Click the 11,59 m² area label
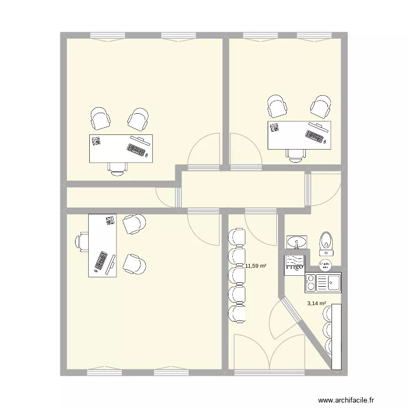[256, 266]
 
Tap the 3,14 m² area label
[316, 304]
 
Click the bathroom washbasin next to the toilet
[296, 241]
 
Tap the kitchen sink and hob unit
[323, 282]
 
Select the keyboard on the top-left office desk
[135, 150]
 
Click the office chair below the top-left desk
[117, 169]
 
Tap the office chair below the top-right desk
[295, 154]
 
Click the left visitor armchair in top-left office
[100, 119]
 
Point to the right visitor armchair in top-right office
[320, 106]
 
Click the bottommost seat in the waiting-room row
[237, 313]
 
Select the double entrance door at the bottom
[269, 354]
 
